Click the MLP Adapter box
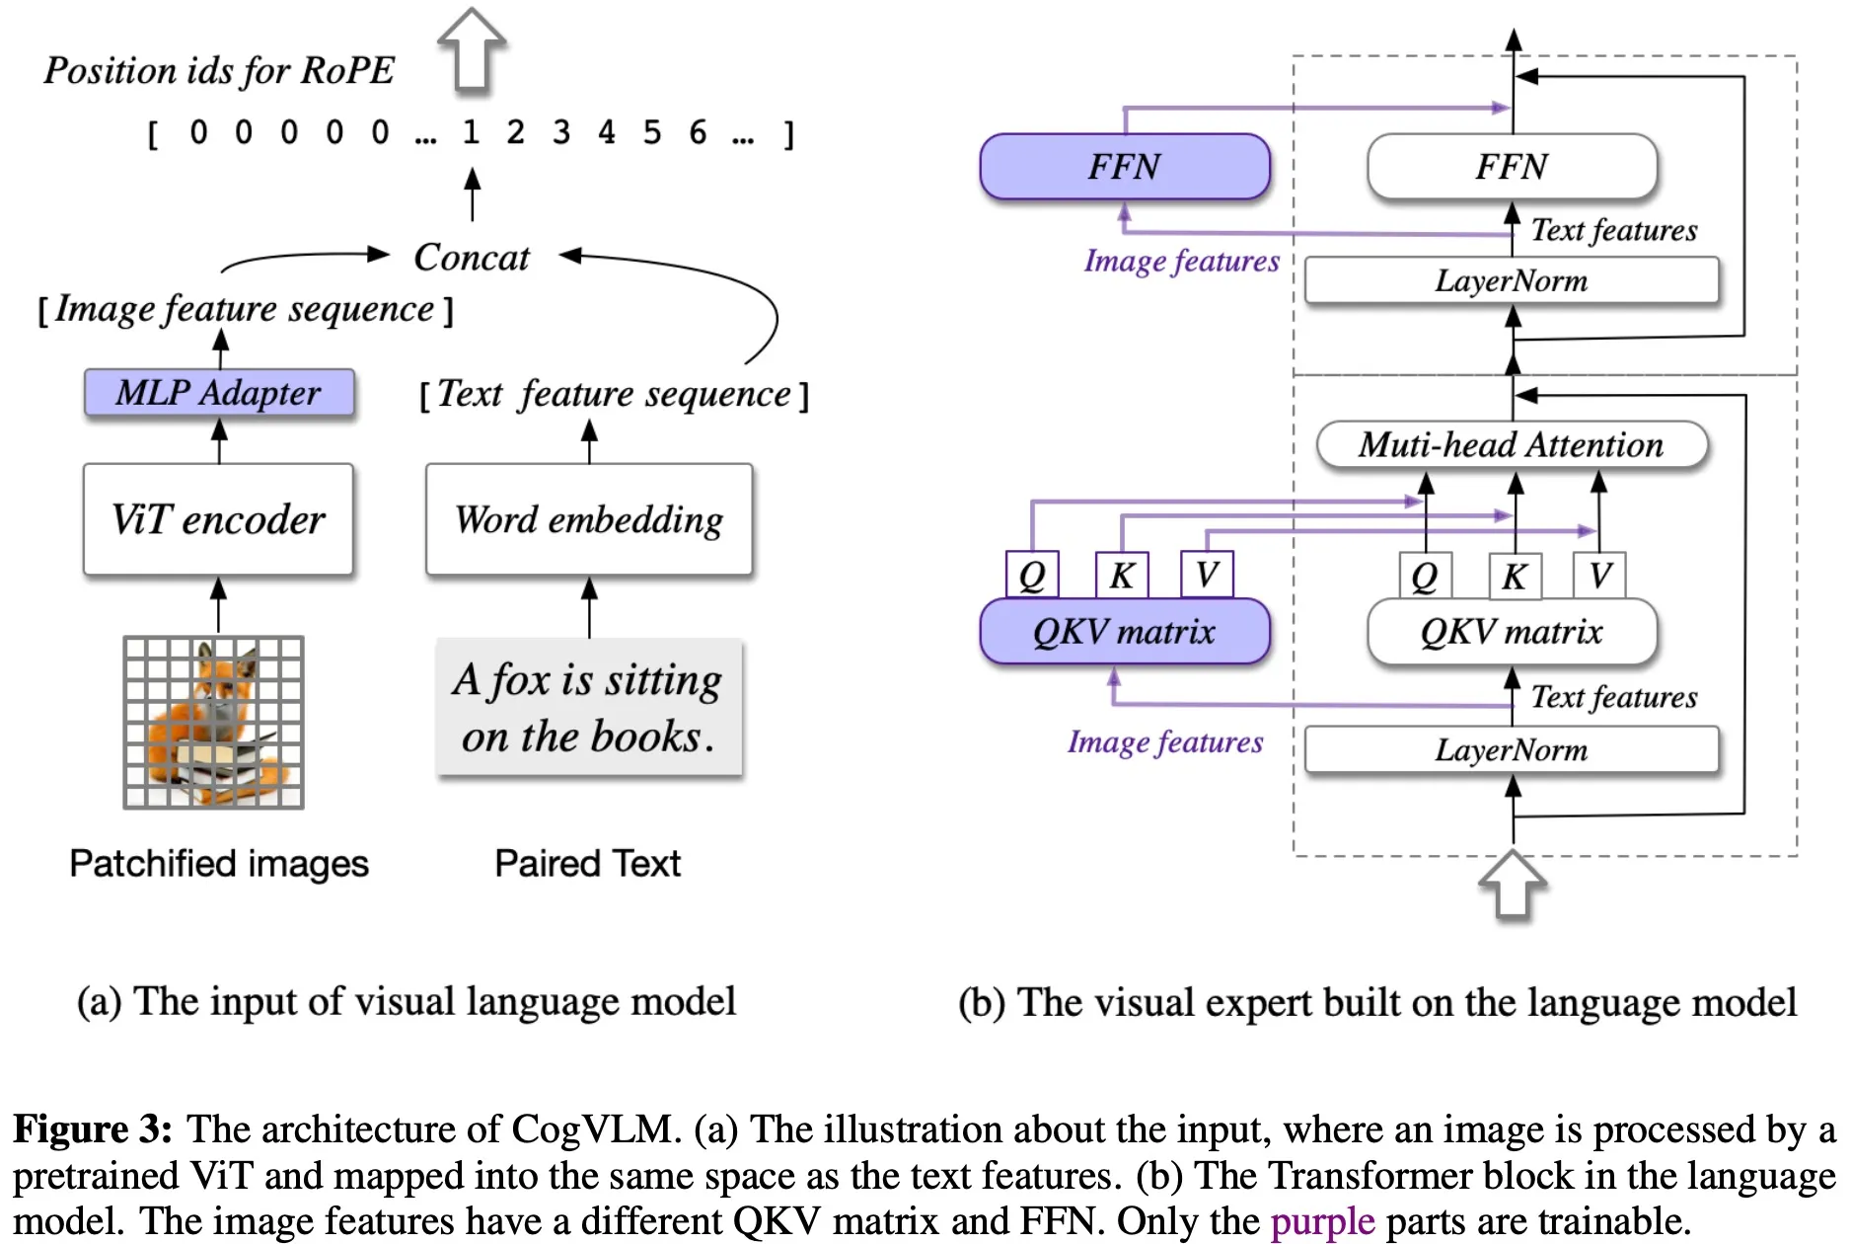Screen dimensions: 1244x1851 218,393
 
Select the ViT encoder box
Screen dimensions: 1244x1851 218,519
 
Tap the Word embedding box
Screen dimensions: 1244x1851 589,519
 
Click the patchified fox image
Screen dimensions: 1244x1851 213,723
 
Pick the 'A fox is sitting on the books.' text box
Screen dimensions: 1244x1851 589,708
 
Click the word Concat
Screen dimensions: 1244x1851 472,257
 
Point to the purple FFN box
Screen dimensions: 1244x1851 1124,166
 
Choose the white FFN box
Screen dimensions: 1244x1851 1512,166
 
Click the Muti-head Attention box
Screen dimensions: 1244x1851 1512,445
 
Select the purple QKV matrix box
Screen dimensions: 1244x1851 1124,631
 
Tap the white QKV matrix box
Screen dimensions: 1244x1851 1512,631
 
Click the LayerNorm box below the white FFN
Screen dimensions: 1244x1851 1512,281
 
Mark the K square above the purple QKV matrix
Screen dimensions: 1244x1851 1122,575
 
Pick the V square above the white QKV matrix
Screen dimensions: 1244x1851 1599,575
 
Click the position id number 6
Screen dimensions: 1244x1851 698,132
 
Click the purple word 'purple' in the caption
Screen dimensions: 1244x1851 1322,1221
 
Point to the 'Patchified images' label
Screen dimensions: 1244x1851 219,864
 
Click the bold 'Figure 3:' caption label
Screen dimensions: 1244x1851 93,1128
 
